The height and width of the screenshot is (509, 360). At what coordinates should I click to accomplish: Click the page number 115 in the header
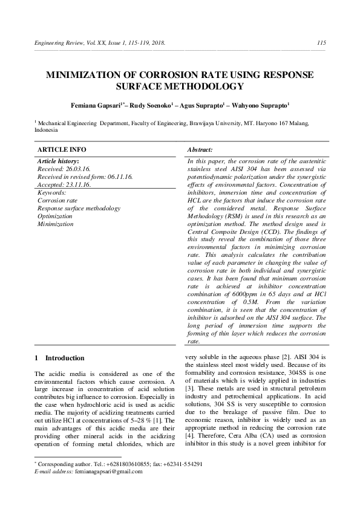click(x=321, y=42)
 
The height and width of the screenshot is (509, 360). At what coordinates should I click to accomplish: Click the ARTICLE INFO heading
click(x=62, y=149)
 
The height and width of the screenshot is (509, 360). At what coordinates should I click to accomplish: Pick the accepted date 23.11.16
click(x=76, y=184)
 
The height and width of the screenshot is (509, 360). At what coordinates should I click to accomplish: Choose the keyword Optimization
click(x=55, y=216)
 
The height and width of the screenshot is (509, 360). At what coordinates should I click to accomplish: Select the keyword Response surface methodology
click(x=79, y=208)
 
